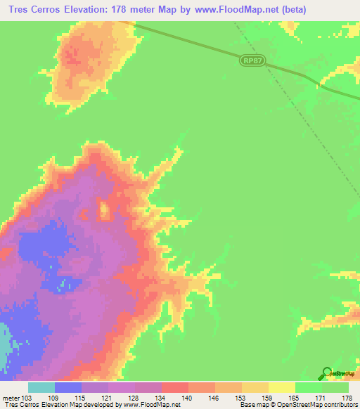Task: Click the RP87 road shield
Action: pyautogui.click(x=252, y=62)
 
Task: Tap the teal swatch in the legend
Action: pyautogui.click(x=41, y=387)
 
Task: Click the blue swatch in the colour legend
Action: pyautogui.click(x=68, y=387)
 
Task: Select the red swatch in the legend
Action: pyautogui.click(x=175, y=387)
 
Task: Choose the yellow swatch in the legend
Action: pyautogui.click(x=282, y=387)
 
